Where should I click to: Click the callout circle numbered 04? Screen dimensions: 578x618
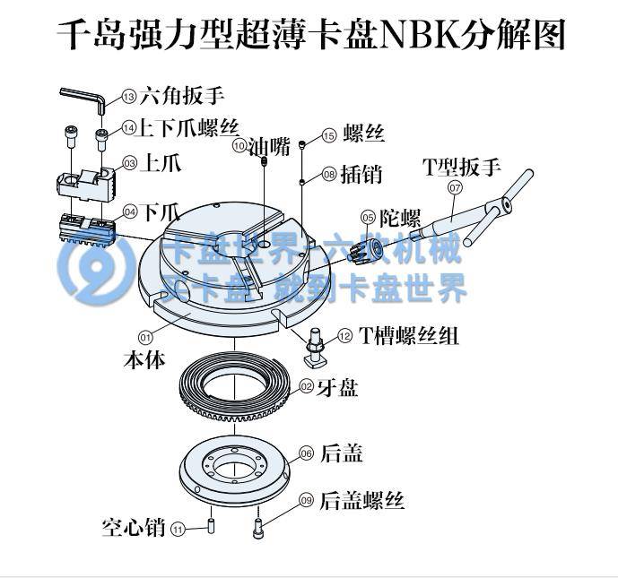pyautogui.click(x=130, y=212)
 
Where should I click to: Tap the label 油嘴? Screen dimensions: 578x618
pyautogui.click(x=269, y=146)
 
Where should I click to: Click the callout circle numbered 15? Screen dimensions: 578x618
pyautogui.click(x=328, y=135)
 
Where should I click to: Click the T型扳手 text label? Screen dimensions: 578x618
pyautogui.click(x=462, y=166)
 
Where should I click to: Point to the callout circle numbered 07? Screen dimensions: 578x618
pyautogui.click(x=455, y=188)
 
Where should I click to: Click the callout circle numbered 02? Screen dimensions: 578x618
pyautogui.click(x=306, y=386)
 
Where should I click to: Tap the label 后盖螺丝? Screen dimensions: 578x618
pyautogui.click(x=362, y=500)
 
